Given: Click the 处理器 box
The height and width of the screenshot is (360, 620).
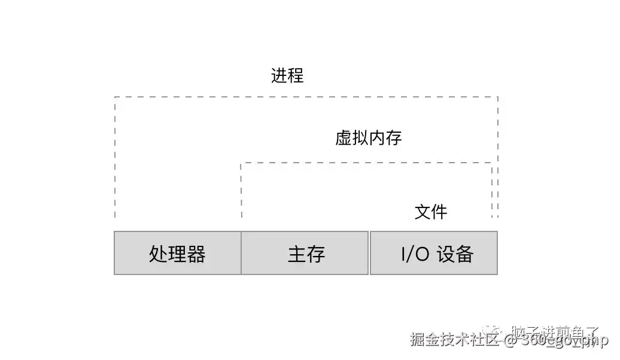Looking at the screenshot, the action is (177, 254).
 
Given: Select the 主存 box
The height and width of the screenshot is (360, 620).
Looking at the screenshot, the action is (305, 254).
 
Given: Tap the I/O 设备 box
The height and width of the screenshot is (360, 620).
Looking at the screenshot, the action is (434, 254).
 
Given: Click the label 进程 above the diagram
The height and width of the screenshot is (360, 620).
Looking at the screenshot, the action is (287, 76).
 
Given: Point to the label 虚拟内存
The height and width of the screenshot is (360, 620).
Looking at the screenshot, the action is (368, 138).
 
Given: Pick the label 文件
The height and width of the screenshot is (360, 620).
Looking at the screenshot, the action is (431, 212).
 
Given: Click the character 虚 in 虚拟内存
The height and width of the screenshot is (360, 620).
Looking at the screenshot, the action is (344, 138).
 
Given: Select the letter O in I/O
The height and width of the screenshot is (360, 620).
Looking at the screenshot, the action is (422, 254).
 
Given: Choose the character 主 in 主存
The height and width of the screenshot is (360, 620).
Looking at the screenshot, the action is (297, 254).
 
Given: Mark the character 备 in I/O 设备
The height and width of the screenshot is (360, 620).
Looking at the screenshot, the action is (464, 254).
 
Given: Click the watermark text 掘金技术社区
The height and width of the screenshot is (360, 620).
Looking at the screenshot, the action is (455, 340).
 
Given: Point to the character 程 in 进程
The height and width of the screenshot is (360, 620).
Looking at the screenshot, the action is (296, 76).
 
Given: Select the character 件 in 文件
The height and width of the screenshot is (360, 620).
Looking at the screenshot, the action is (439, 212).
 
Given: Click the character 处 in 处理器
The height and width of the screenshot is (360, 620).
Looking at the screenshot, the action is (158, 254).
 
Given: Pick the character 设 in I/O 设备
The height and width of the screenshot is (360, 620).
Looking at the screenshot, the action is (446, 254).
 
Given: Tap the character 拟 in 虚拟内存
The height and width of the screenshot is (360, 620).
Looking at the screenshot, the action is (360, 138).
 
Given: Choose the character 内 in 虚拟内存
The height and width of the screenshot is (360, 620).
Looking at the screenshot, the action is (377, 138).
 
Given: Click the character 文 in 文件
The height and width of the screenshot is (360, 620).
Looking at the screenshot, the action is (423, 212).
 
